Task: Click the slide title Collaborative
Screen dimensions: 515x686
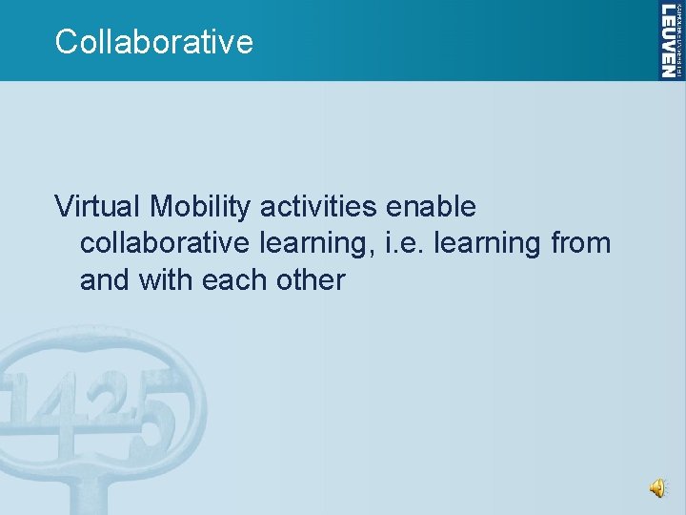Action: pyautogui.click(x=154, y=42)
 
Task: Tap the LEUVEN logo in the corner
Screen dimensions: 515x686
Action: pyautogui.click(x=671, y=40)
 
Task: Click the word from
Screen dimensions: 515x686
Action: pyautogui.click(x=580, y=243)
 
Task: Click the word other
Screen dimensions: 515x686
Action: pyautogui.click(x=313, y=280)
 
